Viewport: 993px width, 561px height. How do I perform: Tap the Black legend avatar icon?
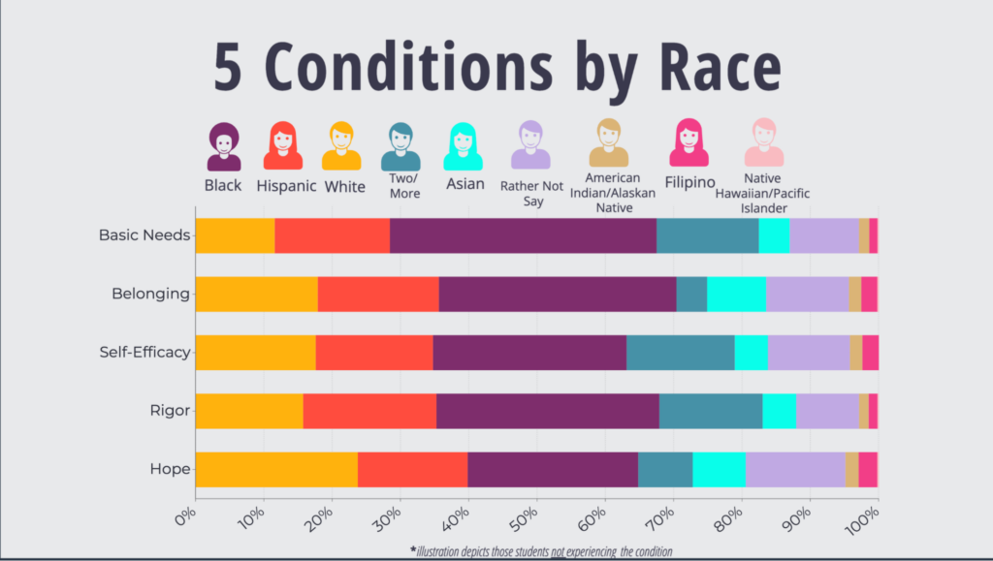tap(224, 146)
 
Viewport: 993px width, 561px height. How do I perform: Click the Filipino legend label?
tap(689, 182)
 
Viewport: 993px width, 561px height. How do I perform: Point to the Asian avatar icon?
tap(464, 146)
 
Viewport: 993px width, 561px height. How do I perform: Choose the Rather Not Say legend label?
tap(530, 193)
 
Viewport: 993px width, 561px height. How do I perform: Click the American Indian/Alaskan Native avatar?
tap(609, 143)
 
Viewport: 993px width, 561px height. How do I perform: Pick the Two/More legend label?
tap(404, 186)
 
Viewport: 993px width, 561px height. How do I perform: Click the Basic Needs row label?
tap(144, 235)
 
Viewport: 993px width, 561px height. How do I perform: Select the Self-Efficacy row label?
tap(144, 352)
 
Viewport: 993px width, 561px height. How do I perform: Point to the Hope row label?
tap(170, 469)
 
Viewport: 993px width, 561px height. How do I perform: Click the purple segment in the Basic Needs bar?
tap(523, 236)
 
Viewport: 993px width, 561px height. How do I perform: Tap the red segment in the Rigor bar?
tap(369, 411)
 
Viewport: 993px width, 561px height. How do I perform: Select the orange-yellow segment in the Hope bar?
tap(276, 469)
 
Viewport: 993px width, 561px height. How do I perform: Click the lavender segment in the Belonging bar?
tap(807, 294)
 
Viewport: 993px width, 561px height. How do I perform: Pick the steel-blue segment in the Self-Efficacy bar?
tap(680, 352)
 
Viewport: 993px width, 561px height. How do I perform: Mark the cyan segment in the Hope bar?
tap(719, 469)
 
